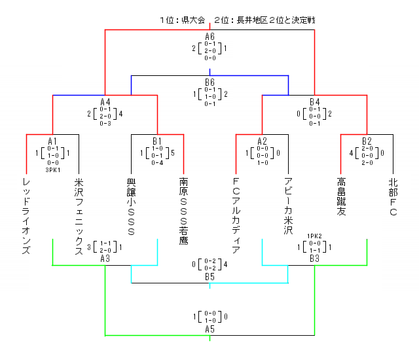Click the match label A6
click(x=209, y=37)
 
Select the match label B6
click(x=209, y=82)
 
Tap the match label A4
click(x=105, y=102)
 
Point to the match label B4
click(x=314, y=102)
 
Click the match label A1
click(x=52, y=141)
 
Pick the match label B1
click(x=157, y=141)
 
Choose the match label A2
click(x=262, y=141)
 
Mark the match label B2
click(x=367, y=141)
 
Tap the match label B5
click(x=209, y=277)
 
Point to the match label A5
click(x=209, y=329)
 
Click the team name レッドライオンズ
click(x=26, y=215)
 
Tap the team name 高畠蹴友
click(x=340, y=196)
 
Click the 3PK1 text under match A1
click(x=52, y=170)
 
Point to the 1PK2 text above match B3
click(x=314, y=236)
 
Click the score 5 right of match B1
click(x=172, y=153)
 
